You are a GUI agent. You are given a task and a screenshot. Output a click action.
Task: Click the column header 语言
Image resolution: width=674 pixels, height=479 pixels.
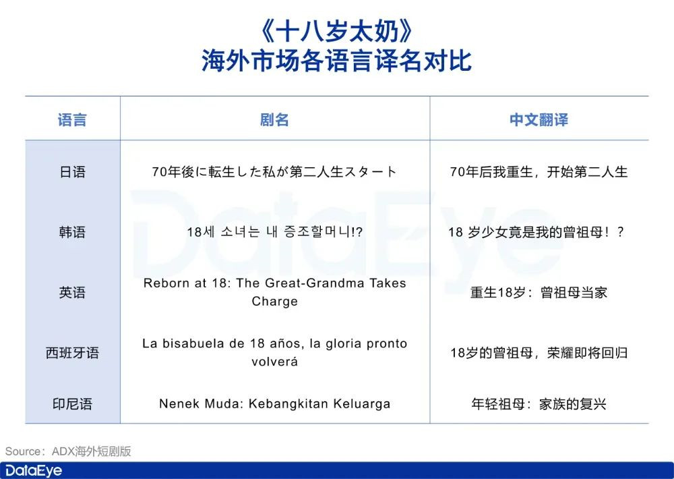coord(72,120)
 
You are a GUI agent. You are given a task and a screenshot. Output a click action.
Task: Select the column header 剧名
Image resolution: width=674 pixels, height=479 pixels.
coord(274,120)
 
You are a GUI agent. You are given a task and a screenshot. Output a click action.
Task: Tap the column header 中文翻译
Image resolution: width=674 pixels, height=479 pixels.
coord(539,120)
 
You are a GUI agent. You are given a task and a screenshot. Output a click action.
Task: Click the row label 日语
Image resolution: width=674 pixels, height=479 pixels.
coord(72,172)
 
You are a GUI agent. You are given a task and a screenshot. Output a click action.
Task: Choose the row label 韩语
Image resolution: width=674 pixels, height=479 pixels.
coord(72,232)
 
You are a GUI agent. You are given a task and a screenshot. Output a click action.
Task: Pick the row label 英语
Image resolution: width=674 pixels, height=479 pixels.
coord(72,293)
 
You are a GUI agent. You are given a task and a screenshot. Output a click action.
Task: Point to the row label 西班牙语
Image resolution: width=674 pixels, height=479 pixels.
coord(72,353)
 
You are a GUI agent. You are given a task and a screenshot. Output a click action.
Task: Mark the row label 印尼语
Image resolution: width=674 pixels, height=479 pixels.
coord(72,404)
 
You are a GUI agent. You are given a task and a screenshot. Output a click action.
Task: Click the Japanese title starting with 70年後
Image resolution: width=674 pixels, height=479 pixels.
coord(274,172)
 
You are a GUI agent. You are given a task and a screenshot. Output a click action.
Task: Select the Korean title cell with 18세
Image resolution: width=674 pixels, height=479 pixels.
coord(274,232)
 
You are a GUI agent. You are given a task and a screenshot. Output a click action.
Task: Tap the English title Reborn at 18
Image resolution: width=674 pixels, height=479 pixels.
coord(274,292)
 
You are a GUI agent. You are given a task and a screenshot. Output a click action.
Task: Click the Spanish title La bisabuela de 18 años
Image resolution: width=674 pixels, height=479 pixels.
coord(274,352)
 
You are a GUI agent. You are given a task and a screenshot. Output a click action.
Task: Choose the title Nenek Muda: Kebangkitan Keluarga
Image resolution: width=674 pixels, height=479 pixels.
coord(274,404)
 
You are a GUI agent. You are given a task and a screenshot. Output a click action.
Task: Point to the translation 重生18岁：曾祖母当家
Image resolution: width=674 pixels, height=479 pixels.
coord(539,293)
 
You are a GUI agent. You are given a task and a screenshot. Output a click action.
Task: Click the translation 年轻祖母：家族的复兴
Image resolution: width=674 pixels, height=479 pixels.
coord(539,404)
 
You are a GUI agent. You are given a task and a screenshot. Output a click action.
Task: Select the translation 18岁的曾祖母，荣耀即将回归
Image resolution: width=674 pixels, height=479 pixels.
coord(539,353)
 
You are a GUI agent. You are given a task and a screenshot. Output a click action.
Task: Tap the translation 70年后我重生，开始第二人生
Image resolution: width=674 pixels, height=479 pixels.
coord(539,172)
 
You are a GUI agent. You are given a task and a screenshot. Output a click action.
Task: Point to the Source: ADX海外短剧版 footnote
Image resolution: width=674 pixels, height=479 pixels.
coord(68,451)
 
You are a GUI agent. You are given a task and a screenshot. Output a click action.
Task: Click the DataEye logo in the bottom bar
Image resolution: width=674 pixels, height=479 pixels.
coord(34,470)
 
